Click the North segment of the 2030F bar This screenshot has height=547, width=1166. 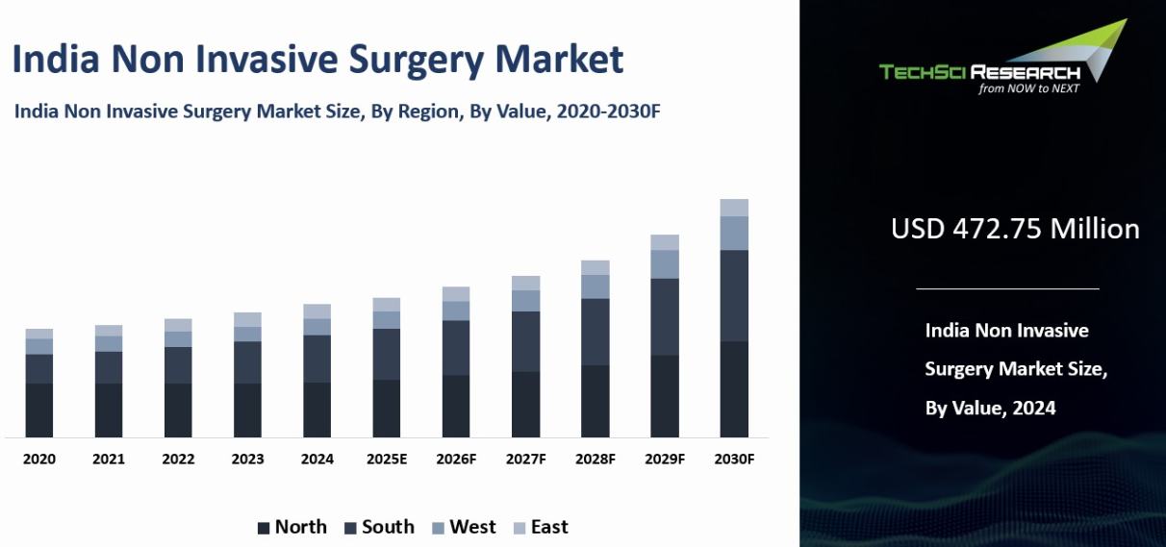734,388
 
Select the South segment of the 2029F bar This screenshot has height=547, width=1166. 665,316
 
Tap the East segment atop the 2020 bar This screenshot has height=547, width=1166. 39,334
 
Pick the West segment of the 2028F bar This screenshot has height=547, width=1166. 596,286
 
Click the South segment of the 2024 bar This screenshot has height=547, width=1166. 317,359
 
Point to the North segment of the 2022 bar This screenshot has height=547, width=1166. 178,410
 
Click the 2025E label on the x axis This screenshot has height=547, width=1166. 387,460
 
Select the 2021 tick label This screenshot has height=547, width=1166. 109,460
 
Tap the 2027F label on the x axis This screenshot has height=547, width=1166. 526,460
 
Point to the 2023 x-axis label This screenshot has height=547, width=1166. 247,460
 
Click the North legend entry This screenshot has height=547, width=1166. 291,527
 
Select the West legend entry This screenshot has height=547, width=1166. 464,527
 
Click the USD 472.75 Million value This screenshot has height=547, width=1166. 1015,229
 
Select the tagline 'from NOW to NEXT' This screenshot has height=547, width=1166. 1028,88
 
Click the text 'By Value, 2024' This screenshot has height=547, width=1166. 990,409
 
